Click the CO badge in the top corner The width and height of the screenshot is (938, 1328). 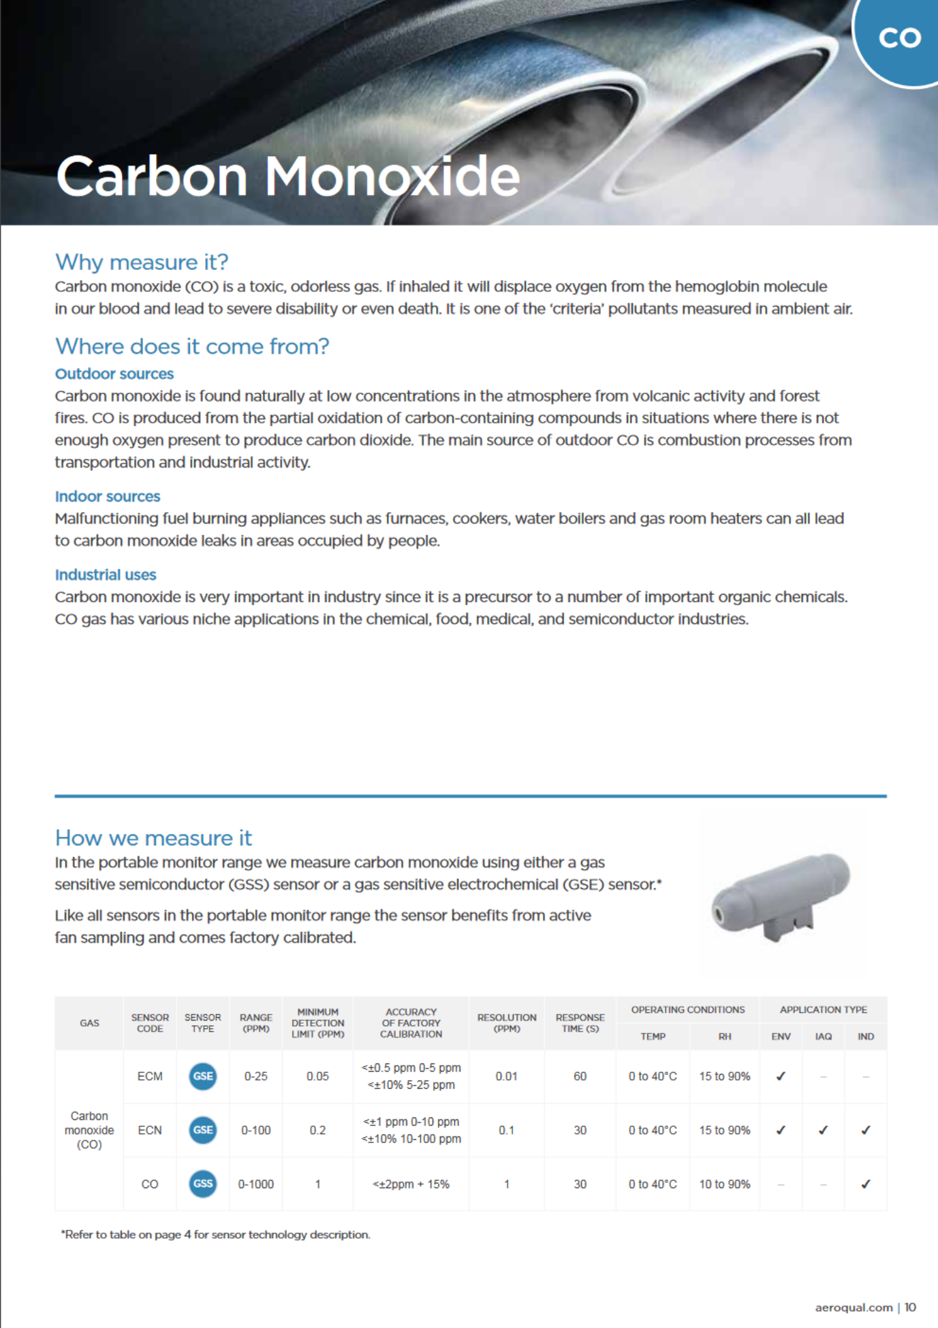tap(899, 39)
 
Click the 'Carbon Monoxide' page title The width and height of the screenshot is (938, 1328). tap(288, 177)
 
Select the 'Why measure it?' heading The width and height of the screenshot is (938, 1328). tap(142, 262)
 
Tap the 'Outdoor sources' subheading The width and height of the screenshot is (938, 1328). tap(114, 374)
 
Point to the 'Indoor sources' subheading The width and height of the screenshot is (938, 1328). tap(108, 496)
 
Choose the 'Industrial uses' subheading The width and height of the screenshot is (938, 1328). tap(106, 575)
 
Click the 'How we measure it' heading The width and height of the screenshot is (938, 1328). tap(153, 838)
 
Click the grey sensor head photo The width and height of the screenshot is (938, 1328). tap(781, 894)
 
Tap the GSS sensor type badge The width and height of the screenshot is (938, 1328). tap(203, 1184)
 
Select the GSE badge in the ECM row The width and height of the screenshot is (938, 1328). tap(203, 1076)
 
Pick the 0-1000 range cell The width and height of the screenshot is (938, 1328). tap(256, 1185)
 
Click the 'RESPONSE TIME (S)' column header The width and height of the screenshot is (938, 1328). tap(580, 1023)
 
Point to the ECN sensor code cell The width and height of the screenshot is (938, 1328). tap(150, 1130)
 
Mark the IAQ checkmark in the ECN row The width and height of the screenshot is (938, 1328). tap(823, 1130)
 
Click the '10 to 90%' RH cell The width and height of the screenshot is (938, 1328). tap(724, 1185)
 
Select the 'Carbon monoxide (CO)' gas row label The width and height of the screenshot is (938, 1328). tap(89, 1130)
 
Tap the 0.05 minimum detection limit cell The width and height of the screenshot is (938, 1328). tap(317, 1076)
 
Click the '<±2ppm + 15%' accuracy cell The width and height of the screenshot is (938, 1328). tap(411, 1185)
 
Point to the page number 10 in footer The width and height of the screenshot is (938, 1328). tap(910, 1307)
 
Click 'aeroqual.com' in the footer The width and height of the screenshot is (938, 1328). tap(854, 1307)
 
